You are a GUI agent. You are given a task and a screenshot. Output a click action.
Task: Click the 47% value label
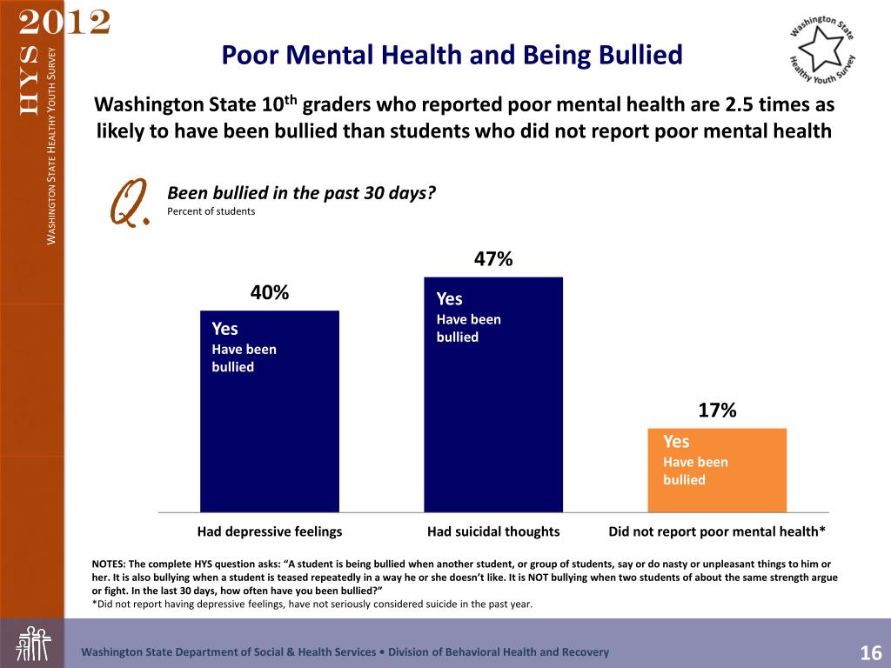click(493, 258)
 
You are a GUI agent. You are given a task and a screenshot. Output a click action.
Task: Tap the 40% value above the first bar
click(270, 292)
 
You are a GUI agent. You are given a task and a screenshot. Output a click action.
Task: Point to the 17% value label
click(718, 411)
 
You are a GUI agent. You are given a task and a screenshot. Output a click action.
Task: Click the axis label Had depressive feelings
click(270, 531)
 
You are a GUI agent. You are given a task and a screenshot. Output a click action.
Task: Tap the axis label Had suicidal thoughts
click(493, 531)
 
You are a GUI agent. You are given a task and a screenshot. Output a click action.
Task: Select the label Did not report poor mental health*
click(716, 531)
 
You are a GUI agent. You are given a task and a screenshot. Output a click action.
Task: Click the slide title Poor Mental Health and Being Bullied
click(452, 56)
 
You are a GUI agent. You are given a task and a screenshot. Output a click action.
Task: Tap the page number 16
click(871, 653)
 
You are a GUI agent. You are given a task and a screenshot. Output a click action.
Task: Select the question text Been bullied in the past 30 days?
click(301, 192)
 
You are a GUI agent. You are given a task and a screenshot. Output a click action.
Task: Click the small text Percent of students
click(211, 210)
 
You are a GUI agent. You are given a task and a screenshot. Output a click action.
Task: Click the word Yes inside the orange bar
click(676, 442)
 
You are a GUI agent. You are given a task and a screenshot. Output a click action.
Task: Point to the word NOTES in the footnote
click(110, 564)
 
